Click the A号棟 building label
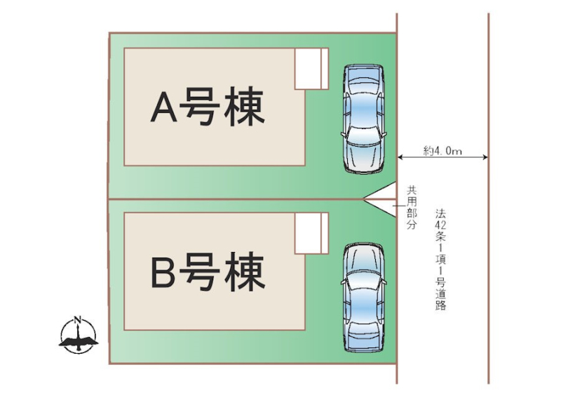pos(208,107)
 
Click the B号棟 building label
pos(208,271)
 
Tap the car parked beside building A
pos(364,119)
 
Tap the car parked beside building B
pos(364,298)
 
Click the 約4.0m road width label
pos(442,151)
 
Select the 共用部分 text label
pos(412,208)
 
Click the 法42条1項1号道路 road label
pos(440,259)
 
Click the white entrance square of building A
pos(311,69)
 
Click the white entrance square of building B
pos(311,233)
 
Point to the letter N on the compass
pos(77,320)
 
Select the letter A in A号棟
pos(164,107)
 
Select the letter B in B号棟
pos(163,271)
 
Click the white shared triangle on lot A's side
pos(383,190)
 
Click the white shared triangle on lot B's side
pos(383,207)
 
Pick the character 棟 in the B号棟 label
pos(245,271)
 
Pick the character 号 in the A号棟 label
pos(199,107)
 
